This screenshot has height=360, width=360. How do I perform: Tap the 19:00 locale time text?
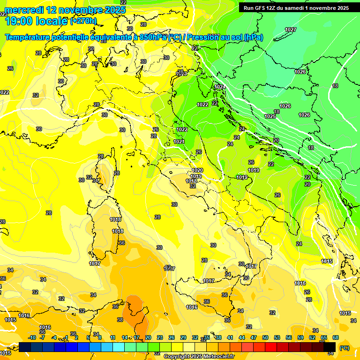tap(36, 21)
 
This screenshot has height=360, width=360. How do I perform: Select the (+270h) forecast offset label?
tap(83, 21)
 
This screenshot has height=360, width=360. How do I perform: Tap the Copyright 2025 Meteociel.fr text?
tap(199, 356)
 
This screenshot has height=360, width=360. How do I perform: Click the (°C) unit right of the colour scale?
tap(344, 348)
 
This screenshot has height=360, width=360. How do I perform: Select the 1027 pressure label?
tap(291, 30)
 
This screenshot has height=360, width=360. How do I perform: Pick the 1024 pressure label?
tap(220, 87)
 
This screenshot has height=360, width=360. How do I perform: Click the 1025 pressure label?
tap(270, 116)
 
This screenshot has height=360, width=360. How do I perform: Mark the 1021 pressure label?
tap(179, 142)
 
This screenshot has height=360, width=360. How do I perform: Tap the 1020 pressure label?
tap(197, 170)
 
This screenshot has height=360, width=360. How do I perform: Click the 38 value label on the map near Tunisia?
tap(120, 320)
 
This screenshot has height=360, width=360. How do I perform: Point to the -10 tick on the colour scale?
tap(32, 337)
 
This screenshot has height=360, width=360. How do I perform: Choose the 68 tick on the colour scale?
tap(336, 337)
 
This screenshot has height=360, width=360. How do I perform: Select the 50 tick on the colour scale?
tap(265, 337)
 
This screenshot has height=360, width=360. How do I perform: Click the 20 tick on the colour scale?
tap(148, 337)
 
